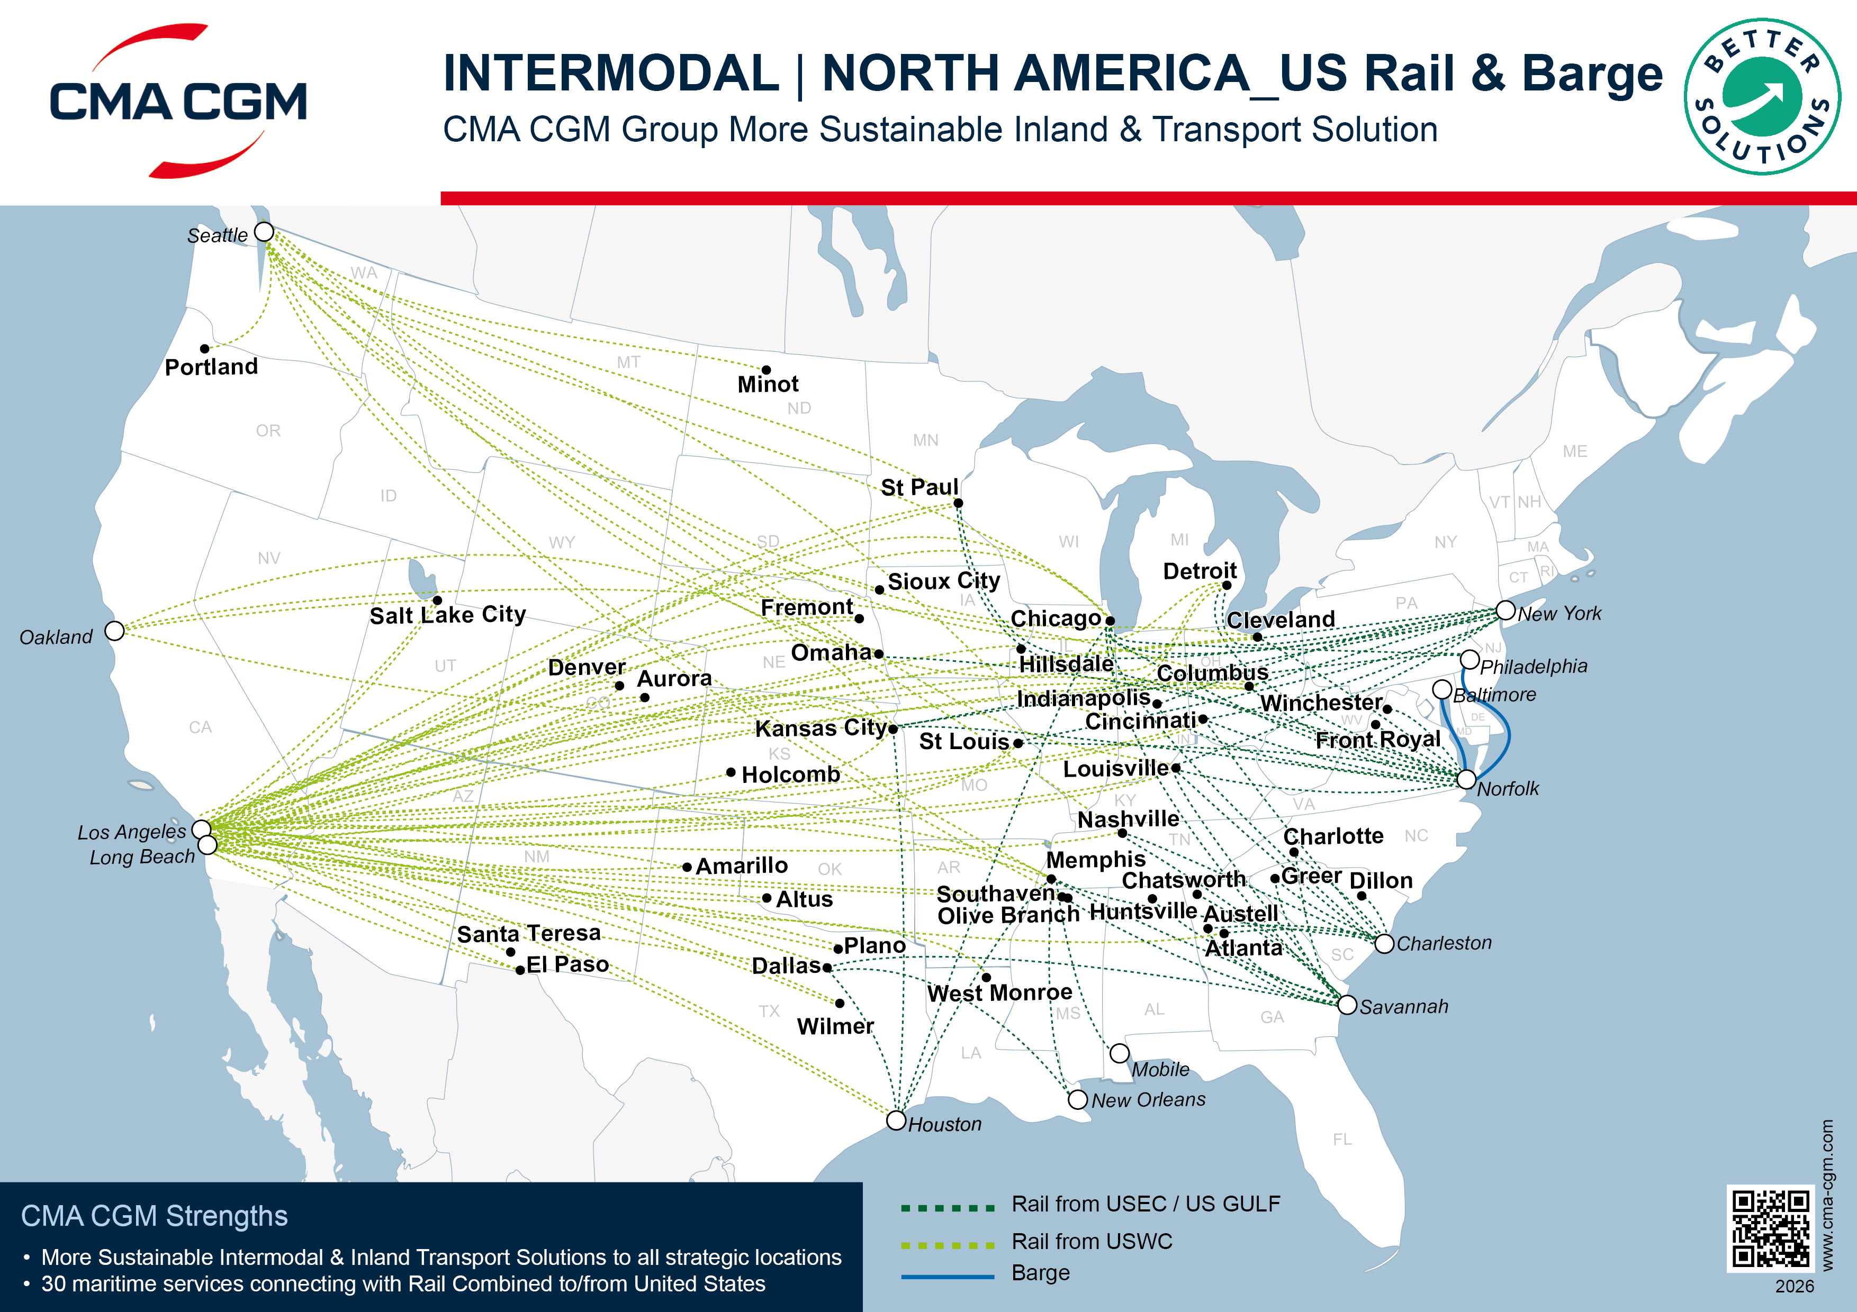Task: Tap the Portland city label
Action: (211, 367)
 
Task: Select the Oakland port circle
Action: (115, 631)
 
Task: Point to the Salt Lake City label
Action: (447, 615)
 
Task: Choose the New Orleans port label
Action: (1148, 1100)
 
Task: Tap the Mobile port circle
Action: (1120, 1053)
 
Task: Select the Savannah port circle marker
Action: (1347, 1005)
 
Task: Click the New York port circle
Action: (1505, 611)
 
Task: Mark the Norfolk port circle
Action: (1466, 779)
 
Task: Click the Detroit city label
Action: (1200, 571)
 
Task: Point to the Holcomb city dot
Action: (731, 772)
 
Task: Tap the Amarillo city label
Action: (742, 866)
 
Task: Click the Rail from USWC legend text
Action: (1091, 1242)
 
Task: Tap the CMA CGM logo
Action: (178, 101)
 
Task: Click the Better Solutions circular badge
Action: (1762, 97)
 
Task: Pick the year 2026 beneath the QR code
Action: (1795, 1286)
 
